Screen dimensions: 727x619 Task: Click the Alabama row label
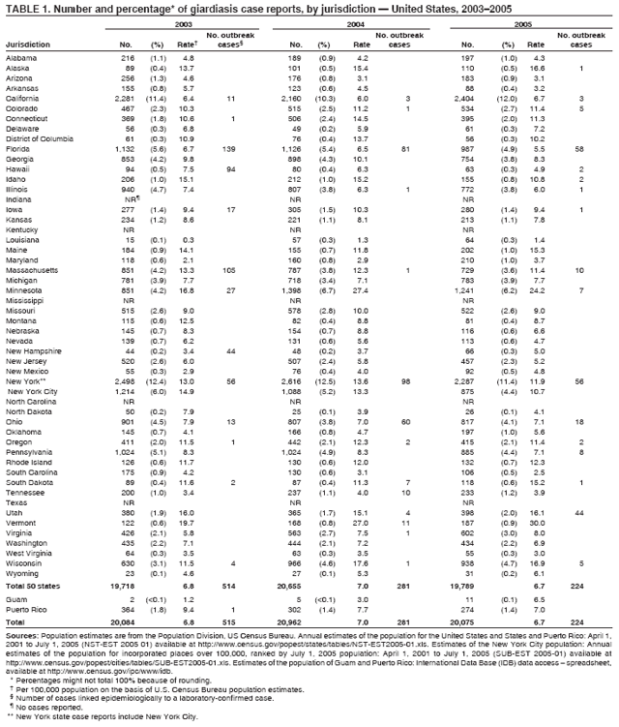click(x=21, y=58)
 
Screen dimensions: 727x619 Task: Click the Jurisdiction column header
click(x=28, y=44)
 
